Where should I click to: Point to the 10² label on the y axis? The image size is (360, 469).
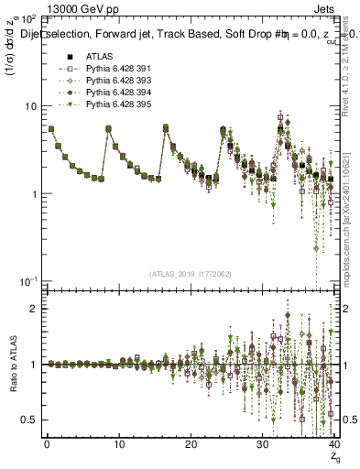point(28,18)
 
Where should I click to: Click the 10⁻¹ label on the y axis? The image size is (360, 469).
point(28,280)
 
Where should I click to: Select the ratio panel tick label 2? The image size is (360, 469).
point(34,309)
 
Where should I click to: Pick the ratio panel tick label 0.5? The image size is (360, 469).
point(30,420)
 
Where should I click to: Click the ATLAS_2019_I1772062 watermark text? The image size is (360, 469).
point(191,273)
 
